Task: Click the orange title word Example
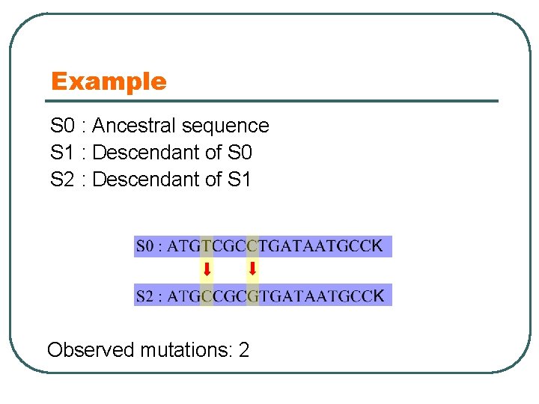(x=109, y=82)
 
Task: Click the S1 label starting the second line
(x=62, y=153)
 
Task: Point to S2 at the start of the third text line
(x=62, y=180)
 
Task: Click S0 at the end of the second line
(x=239, y=153)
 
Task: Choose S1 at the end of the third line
(x=239, y=180)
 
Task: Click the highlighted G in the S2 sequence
(x=252, y=296)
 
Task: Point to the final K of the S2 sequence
(x=379, y=296)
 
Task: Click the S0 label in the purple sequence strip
(x=146, y=246)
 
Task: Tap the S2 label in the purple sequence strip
(x=146, y=296)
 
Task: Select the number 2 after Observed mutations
(x=243, y=349)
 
